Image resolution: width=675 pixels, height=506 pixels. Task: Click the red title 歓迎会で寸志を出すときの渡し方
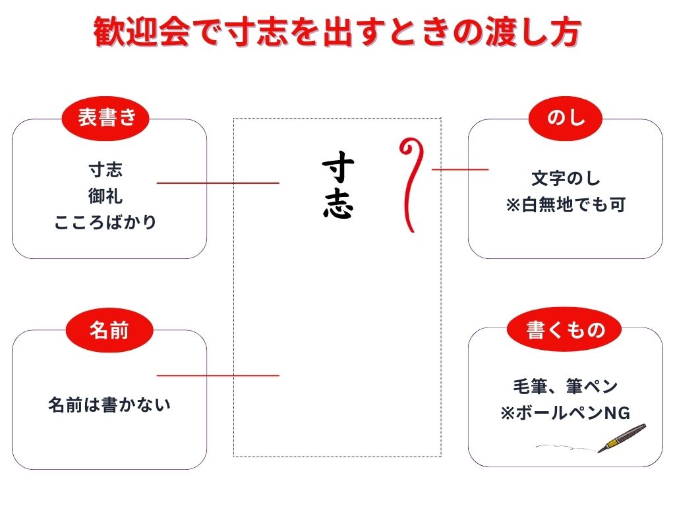pos(337,32)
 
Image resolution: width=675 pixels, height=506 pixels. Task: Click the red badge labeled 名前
pos(109,331)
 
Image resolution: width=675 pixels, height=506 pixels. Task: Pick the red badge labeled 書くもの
pos(564,329)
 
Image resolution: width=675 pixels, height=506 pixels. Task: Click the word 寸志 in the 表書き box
pos(105,169)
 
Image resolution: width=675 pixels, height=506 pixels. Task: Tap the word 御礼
pos(105,196)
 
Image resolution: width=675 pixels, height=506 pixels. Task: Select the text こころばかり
pos(105,222)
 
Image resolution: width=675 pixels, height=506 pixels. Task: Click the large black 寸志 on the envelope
pos(338,184)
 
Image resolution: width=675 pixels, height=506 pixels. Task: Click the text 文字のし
pos(565,178)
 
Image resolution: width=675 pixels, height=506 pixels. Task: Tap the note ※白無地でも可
pos(565,204)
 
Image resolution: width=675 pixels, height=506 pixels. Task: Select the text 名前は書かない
pos(109,405)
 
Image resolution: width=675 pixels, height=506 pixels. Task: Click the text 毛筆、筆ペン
pos(565,386)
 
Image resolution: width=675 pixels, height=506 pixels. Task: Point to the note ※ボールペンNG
pos(565,412)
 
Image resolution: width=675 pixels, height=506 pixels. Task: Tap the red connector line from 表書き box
pos(218,183)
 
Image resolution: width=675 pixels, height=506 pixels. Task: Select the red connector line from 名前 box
pos(218,376)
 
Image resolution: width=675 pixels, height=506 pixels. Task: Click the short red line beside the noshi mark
pos(460,169)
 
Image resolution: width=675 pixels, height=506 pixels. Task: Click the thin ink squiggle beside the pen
pos(566,447)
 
